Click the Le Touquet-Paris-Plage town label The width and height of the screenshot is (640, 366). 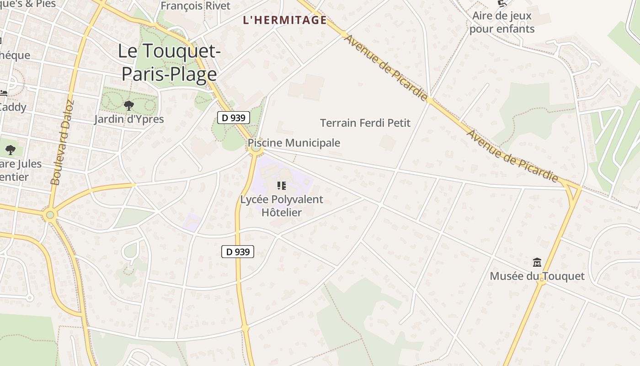(x=169, y=63)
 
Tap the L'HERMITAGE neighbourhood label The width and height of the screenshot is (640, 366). (x=285, y=20)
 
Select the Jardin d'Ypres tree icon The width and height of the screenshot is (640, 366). (x=129, y=106)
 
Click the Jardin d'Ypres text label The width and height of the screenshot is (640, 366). (x=129, y=119)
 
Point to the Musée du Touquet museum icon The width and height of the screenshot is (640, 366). (x=537, y=263)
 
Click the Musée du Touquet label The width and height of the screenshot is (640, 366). (x=537, y=276)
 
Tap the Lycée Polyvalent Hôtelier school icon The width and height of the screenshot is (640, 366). (x=282, y=186)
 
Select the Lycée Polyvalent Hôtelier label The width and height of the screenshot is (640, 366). (x=282, y=206)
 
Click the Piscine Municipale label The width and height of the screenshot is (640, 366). (x=294, y=143)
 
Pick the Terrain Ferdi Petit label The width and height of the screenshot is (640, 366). (x=365, y=123)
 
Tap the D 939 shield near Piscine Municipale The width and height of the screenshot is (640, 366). (x=233, y=118)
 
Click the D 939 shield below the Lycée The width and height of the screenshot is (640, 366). (x=238, y=252)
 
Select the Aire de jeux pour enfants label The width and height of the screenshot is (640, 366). (x=502, y=22)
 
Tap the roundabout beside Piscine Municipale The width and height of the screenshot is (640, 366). (x=256, y=148)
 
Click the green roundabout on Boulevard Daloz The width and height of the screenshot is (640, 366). (x=50, y=215)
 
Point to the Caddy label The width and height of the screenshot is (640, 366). (x=13, y=107)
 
